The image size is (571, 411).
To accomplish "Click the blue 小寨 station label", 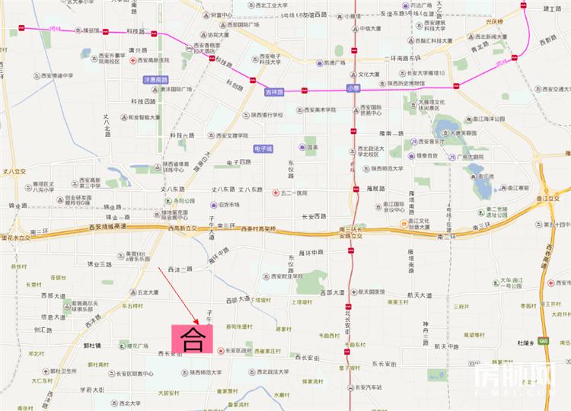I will click(352, 88).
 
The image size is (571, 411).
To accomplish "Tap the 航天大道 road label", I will click(419, 295).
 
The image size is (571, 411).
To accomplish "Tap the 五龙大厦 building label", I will click(148, 292).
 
